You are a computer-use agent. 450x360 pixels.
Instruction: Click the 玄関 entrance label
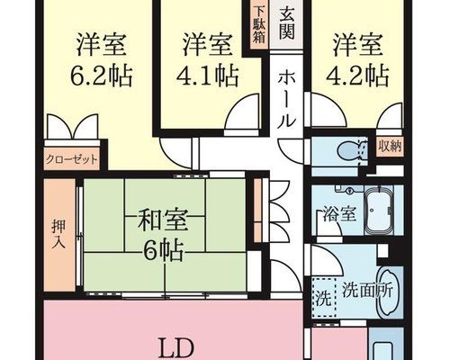(286, 24)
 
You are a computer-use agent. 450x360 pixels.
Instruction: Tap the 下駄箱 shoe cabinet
(259, 25)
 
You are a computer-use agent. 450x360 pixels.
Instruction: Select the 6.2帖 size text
(102, 75)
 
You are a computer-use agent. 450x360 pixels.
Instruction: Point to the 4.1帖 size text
(208, 75)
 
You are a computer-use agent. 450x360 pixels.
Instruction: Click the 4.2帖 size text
(357, 75)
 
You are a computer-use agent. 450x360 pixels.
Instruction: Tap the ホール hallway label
(286, 101)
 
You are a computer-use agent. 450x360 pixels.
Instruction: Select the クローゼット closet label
(71, 159)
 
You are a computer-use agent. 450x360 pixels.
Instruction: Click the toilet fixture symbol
(353, 149)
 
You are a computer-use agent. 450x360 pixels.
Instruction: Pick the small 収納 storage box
(390, 148)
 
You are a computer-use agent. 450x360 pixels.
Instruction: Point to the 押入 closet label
(58, 235)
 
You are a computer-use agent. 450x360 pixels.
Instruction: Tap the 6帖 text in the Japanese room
(164, 251)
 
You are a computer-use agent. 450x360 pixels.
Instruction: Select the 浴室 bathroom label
(339, 214)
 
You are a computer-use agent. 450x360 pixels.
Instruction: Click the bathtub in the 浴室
(379, 210)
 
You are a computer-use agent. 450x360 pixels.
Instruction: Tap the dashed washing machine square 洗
(324, 298)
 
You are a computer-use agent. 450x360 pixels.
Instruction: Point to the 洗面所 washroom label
(367, 290)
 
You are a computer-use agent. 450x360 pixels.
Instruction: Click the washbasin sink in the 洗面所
(388, 291)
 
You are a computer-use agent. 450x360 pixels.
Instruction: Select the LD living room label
(177, 348)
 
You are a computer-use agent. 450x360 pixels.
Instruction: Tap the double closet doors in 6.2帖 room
(73, 127)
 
